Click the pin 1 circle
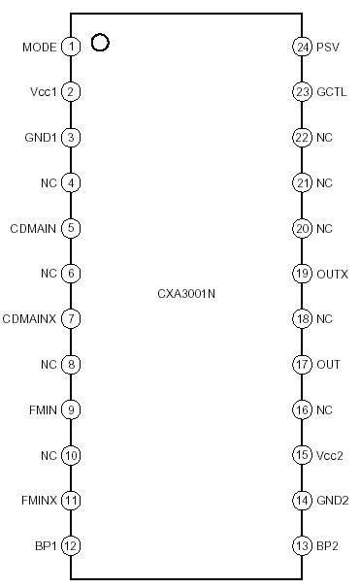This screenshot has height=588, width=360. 71,47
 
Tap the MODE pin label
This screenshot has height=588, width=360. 39,47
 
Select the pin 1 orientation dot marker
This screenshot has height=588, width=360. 99,43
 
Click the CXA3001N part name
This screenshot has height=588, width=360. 184,293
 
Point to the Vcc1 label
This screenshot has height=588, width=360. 44,92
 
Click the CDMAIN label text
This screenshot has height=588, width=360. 34,228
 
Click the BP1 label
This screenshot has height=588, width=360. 45,546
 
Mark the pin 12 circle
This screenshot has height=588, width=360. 71,546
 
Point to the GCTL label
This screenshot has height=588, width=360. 331,92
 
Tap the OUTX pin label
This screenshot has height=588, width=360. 332,274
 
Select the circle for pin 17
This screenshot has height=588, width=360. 301,364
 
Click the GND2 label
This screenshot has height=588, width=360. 332,501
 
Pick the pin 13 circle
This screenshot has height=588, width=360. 301,546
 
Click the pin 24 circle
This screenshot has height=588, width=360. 301,47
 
